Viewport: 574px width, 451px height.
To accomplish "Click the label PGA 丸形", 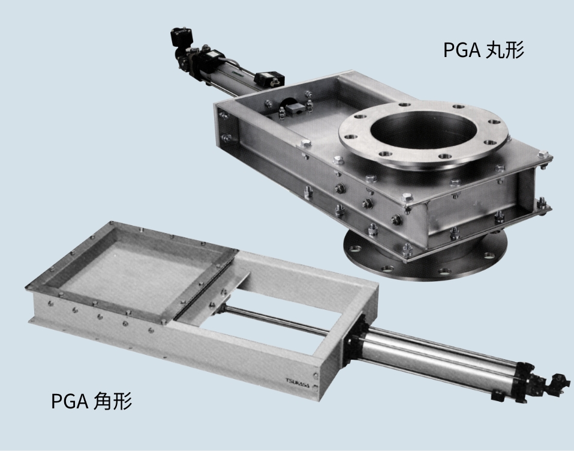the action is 483,50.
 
